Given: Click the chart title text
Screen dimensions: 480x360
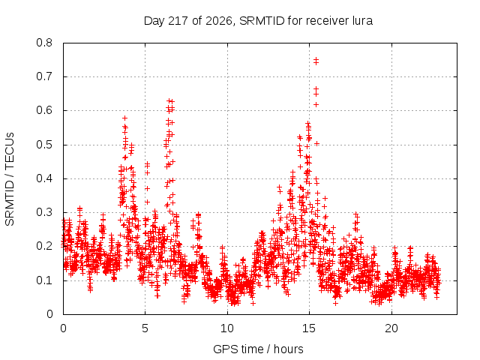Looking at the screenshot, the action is (258, 21).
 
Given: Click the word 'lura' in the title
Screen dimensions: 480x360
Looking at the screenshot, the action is (363, 21).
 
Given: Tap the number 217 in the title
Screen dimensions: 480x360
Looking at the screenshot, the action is (178, 21).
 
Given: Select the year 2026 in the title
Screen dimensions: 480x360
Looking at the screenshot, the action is (218, 21).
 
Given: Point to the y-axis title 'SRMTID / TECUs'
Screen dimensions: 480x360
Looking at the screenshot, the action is (10, 179).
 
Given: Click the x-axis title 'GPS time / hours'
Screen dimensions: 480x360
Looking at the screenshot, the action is (258, 349).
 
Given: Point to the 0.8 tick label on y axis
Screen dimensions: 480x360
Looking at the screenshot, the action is (44, 43).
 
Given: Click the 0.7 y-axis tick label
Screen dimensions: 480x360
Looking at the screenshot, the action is (44, 76).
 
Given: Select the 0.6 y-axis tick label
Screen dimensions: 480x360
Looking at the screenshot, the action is (44, 110).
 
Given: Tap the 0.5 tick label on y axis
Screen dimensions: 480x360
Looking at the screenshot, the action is (44, 145).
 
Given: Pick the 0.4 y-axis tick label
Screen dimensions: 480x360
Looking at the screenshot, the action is (44, 178).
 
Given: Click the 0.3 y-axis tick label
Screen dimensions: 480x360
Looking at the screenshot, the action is (44, 212).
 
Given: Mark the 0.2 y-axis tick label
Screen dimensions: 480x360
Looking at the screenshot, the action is (44, 247).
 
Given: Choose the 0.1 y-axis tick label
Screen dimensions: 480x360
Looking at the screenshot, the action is (44, 280).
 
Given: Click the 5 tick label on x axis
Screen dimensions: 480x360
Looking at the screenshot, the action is (145, 328).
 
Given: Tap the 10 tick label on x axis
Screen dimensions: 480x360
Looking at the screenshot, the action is (227, 328).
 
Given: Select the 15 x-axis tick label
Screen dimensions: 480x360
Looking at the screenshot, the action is (309, 328).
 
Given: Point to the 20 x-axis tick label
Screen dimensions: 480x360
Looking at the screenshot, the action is (391, 328).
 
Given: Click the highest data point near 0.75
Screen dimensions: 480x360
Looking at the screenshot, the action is (316, 59).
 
